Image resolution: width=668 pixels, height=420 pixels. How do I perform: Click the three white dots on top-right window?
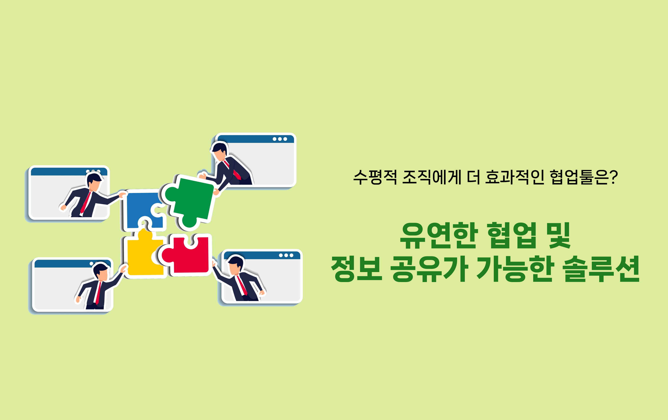click(x=280, y=139)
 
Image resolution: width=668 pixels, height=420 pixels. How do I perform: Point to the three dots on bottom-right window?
click(x=286, y=255)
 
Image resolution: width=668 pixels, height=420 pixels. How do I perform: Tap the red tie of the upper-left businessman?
click(x=86, y=202)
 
